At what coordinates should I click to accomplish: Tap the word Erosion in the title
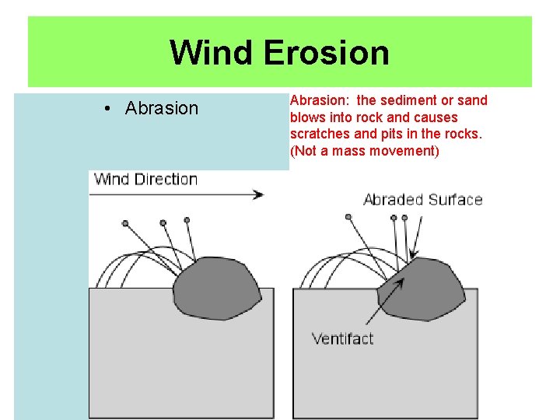pyautogui.click(x=326, y=53)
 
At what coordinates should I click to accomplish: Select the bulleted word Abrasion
pyautogui.click(x=162, y=108)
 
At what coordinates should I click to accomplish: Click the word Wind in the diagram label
pyautogui.click(x=112, y=179)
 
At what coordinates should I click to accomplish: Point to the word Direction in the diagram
pyautogui.click(x=166, y=179)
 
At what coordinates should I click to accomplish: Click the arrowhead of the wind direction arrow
pyautogui.click(x=259, y=194)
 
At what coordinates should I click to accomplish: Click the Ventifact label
pyautogui.click(x=342, y=338)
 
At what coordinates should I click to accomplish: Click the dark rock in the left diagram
pyautogui.click(x=218, y=289)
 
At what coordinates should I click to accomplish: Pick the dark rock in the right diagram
pyautogui.click(x=424, y=289)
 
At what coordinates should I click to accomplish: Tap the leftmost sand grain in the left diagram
pyautogui.click(x=125, y=223)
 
